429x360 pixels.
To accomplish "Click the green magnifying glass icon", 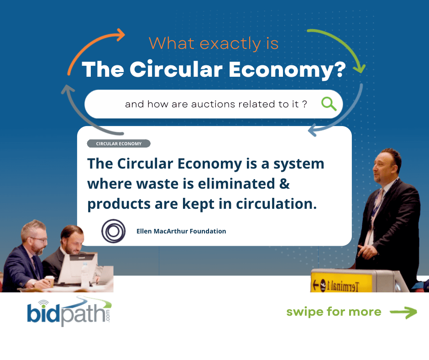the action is click(329, 104).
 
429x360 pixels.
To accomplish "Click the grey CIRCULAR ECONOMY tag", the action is click(119, 143).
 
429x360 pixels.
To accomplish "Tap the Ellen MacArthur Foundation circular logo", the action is click(113, 231).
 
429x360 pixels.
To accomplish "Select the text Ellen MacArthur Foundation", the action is click(181, 231).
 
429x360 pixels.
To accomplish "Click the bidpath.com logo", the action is click(69, 312).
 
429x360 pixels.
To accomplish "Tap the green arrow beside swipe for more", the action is click(403, 312).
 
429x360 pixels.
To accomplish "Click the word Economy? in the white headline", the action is click(287, 70).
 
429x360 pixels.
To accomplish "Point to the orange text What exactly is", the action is click(214, 43).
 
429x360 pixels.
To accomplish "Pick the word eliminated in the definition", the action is click(236, 184).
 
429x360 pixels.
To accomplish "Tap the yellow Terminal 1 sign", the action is click(342, 282).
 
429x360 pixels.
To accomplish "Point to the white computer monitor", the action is click(78, 269).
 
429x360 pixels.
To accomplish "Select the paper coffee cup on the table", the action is click(50, 281).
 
